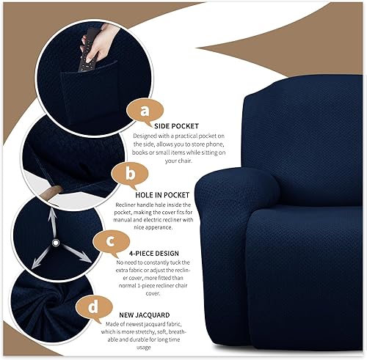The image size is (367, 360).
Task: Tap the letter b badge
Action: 128,175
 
